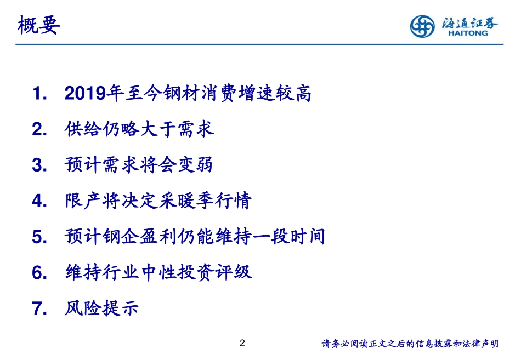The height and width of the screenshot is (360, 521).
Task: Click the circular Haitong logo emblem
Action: pos(422,26)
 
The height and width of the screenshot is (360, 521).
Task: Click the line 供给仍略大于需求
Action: pos(139,129)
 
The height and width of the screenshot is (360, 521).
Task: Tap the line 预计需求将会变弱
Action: pos(139,165)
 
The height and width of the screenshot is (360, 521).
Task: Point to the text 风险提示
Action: pos(101,308)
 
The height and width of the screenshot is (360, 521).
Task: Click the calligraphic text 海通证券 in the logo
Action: pos(470,22)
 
